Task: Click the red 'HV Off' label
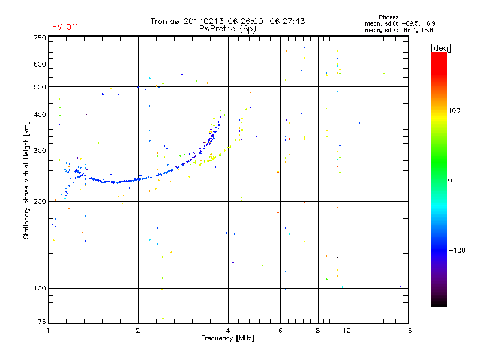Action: click(65, 27)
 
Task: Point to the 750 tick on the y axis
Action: click(39, 38)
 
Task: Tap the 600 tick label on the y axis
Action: click(39, 64)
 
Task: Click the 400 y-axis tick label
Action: click(39, 115)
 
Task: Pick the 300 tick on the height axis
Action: click(39, 151)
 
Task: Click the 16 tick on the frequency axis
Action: click(407, 331)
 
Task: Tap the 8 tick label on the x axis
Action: click(318, 331)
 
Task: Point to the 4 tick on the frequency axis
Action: click(228, 331)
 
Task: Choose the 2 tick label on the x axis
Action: click(138, 331)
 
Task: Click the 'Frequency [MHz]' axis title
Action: click(227, 339)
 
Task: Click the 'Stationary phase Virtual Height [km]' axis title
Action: click(26, 179)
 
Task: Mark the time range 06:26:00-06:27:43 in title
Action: click(265, 21)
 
